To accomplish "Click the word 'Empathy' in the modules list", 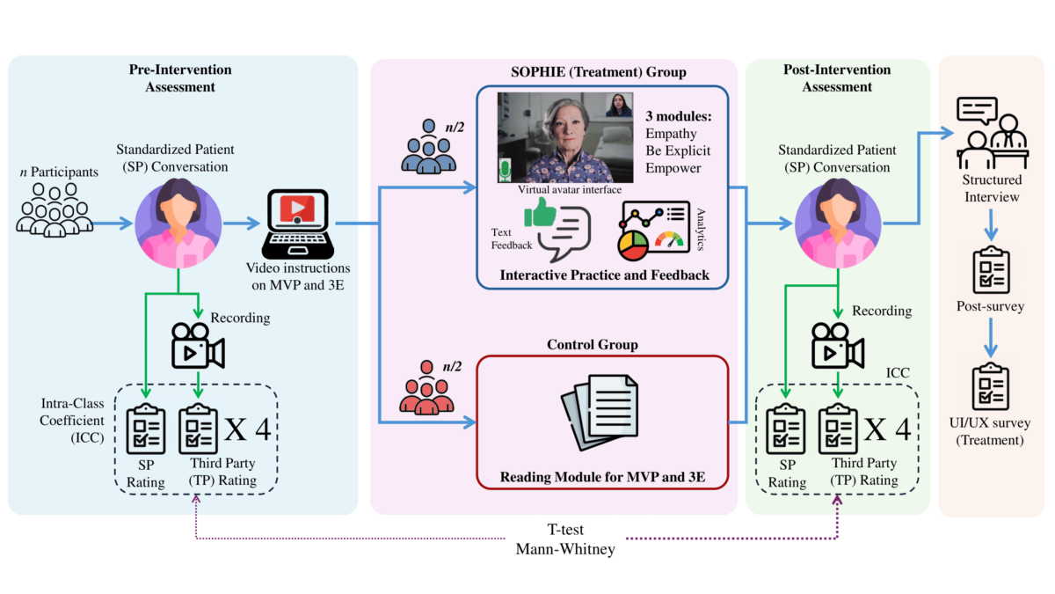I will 671,133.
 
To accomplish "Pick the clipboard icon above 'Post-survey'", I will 990,269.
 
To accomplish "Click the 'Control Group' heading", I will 603,344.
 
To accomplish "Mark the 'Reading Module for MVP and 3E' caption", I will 603,478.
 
